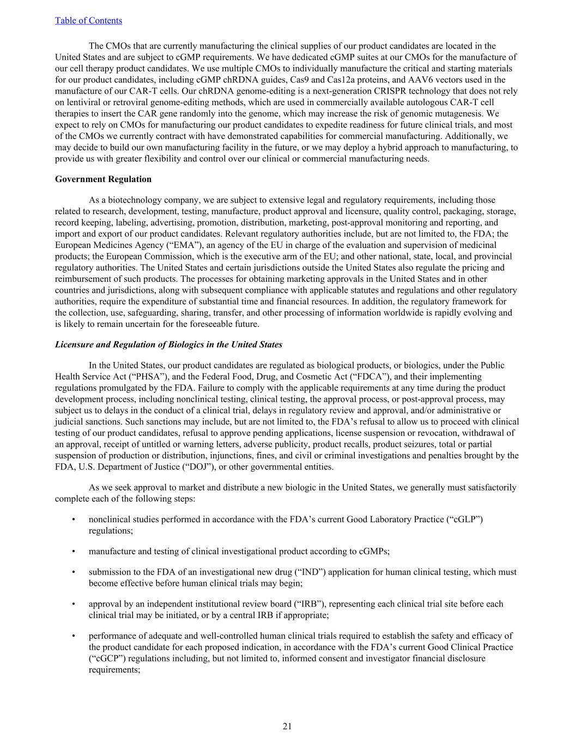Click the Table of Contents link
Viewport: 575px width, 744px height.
pyautogui.click(x=88, y=21)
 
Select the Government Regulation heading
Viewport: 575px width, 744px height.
pyautogui.click(x=103, y=179)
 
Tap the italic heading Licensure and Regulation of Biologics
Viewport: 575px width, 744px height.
pyautogui.click(x=168, y=344)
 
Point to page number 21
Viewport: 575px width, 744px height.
pyautogui.click(x=287, y=726)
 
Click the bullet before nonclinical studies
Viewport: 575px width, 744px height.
pyautogui.click(x=74, y=519)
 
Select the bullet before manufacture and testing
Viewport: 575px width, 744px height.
pyautogui.click(x=74, y=552)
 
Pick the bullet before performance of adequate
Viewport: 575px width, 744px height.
pyautogui.click(x=74, y=636)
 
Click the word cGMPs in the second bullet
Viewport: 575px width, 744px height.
pyautogui.click(x=374, y=552)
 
